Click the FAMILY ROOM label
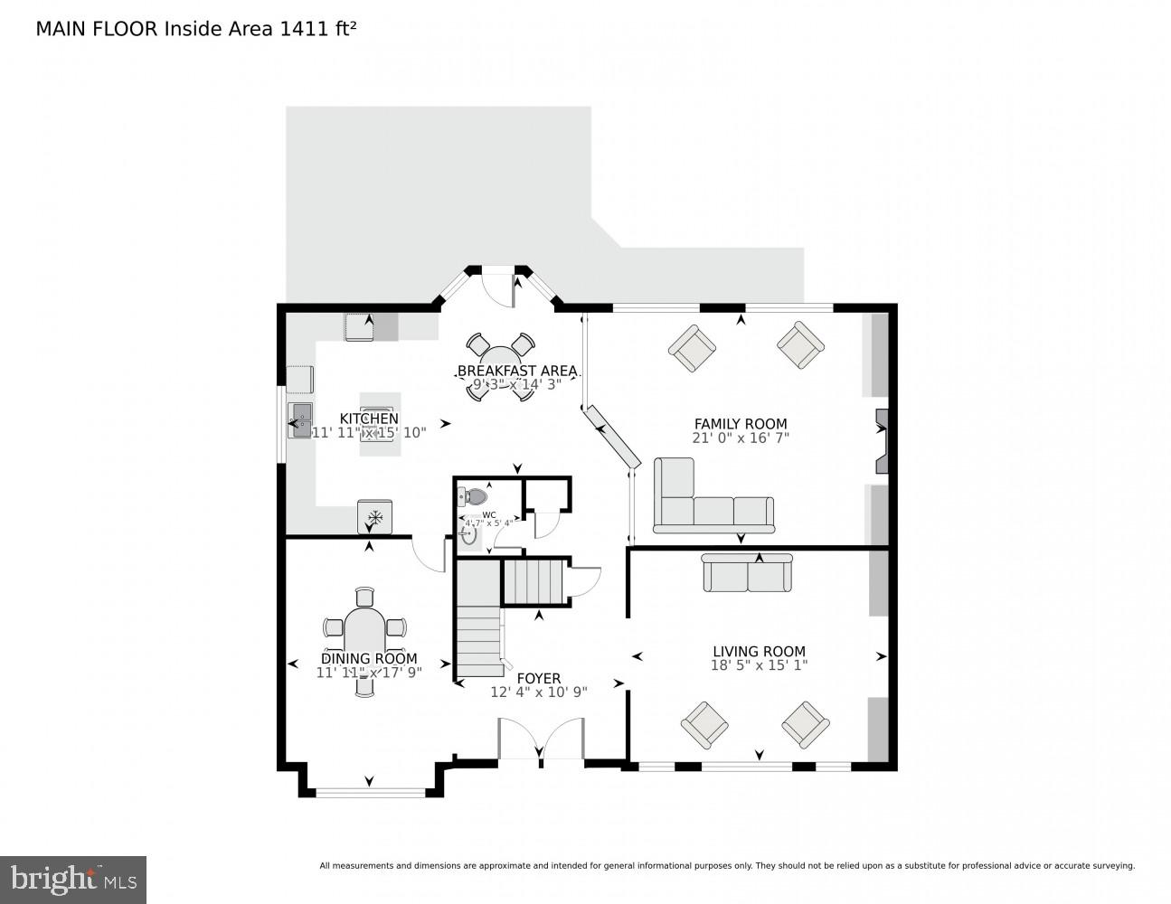coord(740,423)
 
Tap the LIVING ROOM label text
coord(758,651)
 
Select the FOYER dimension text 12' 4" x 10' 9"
coord(539,692)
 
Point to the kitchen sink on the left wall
coord(299,420)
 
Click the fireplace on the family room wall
coord(881,440)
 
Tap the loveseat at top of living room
coord(748,573)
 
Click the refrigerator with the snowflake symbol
coord(374,517)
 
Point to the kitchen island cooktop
coord(379,423)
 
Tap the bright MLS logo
coord(72,879)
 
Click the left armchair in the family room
coord(692,348)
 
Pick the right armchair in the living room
coord(805,724)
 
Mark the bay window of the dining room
coord(370,792)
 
